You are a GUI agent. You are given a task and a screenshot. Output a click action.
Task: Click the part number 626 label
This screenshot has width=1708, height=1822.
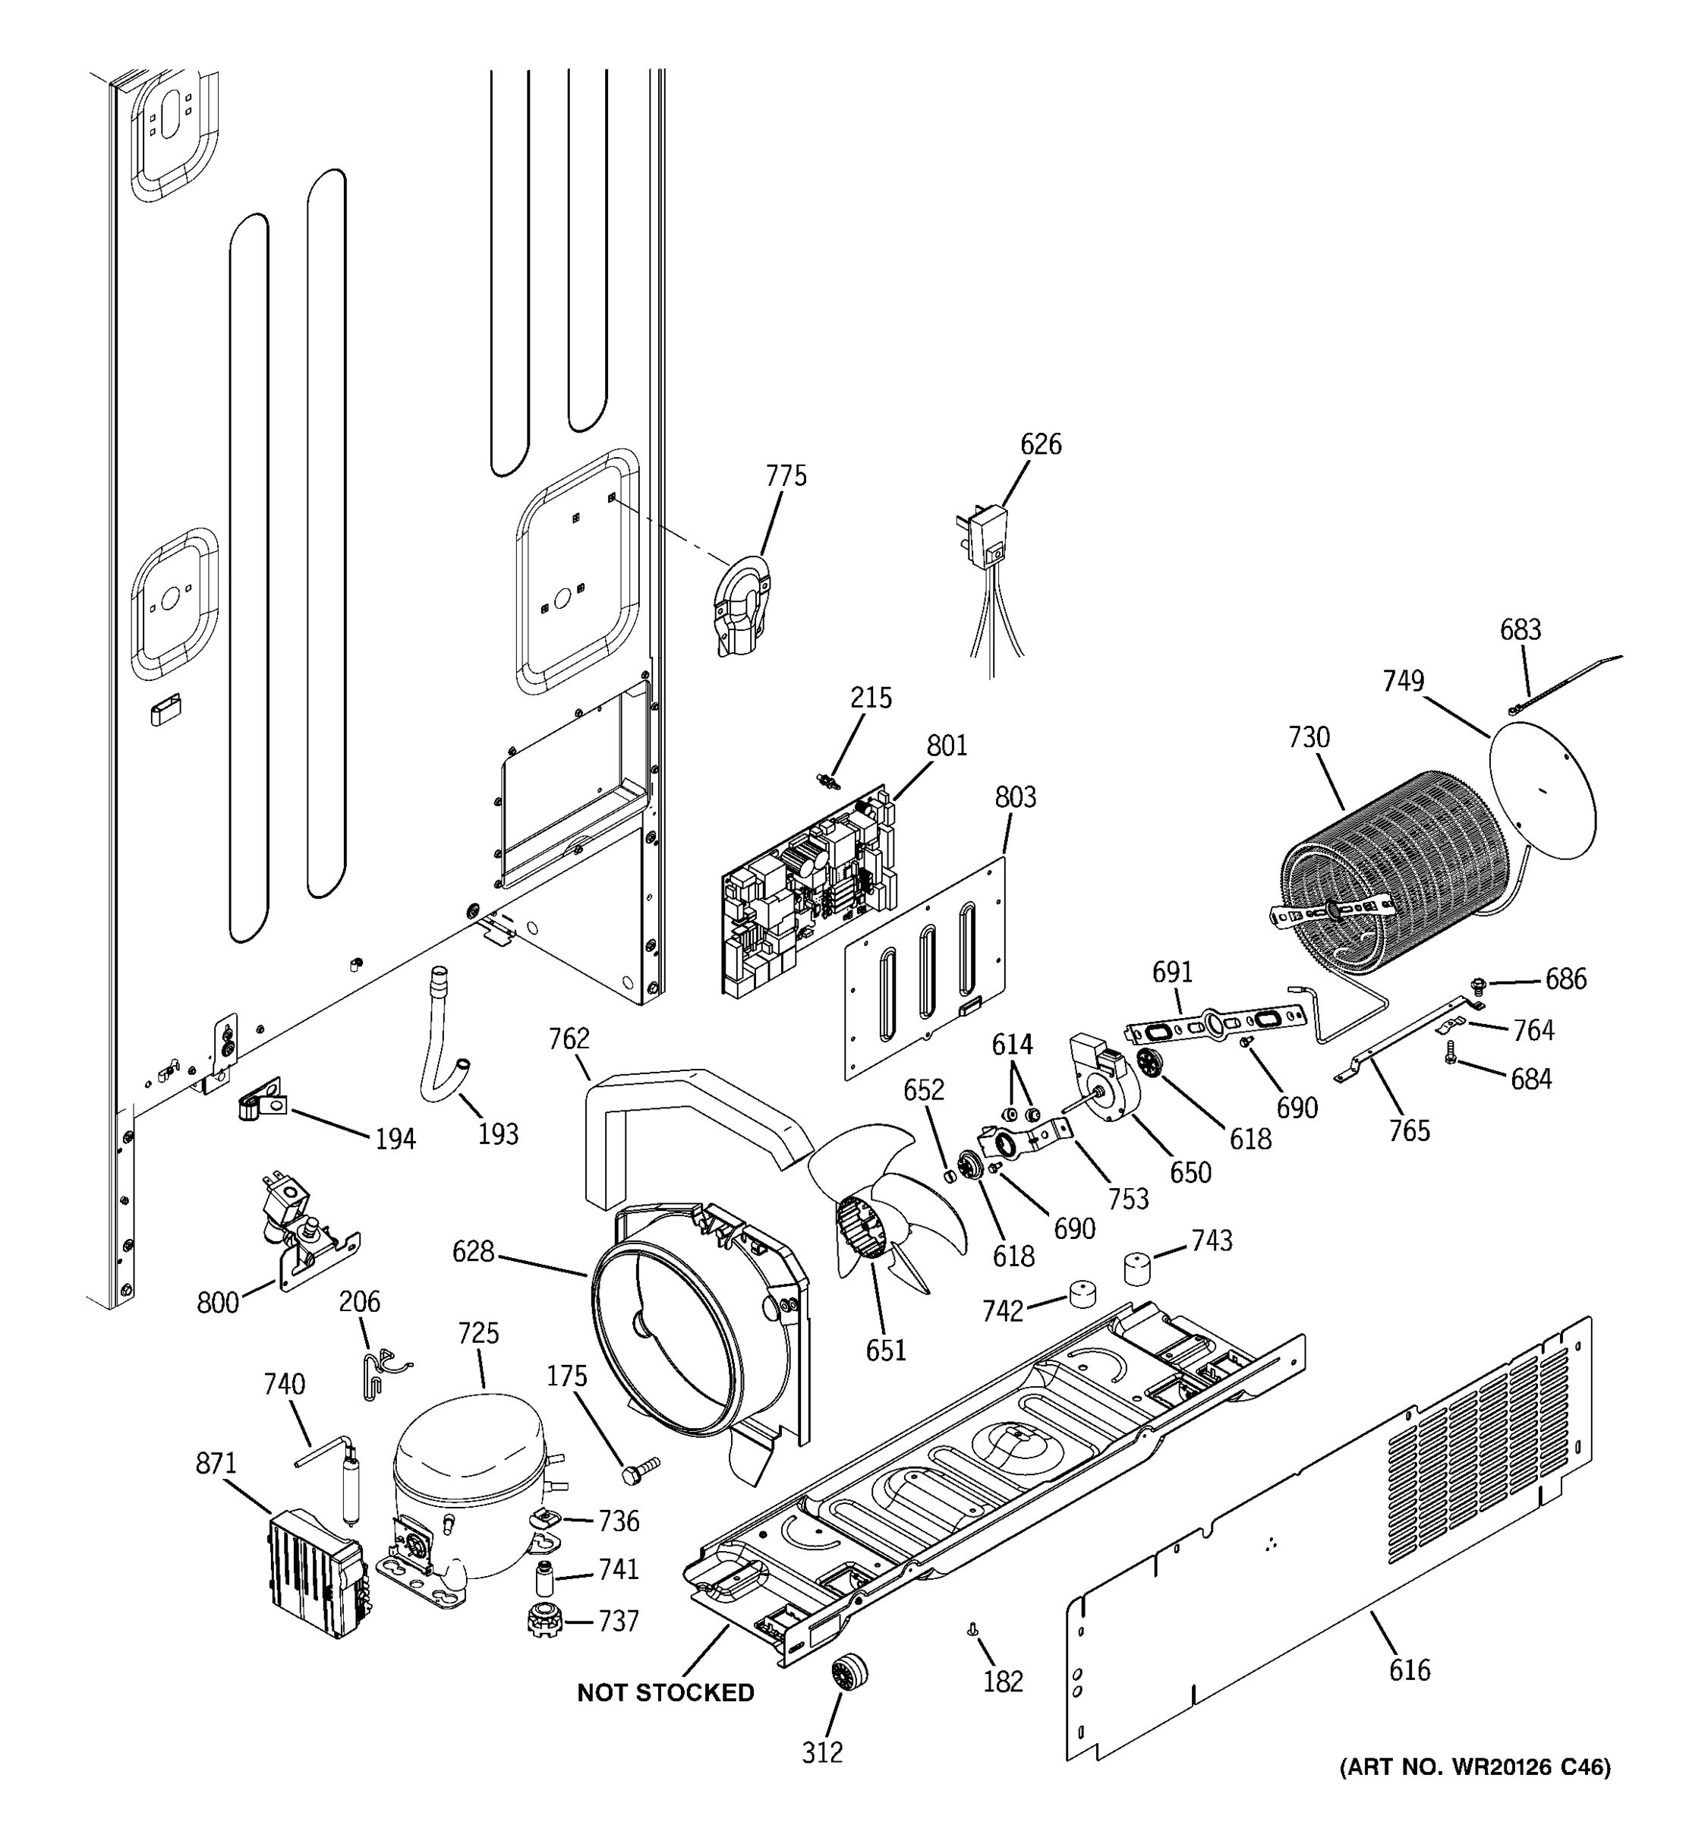tap(1040, 445)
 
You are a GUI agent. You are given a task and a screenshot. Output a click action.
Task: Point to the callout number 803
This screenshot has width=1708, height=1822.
tap(1015, 797)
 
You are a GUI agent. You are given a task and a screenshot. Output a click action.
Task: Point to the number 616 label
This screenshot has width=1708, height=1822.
tap(1408, 1670)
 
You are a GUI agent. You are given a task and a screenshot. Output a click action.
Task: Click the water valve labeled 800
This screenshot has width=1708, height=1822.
tap(302, 1224)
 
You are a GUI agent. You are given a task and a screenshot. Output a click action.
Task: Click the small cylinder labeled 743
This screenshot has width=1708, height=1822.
tap(1137, 1269)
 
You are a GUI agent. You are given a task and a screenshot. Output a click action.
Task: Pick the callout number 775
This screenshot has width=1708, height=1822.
tap(786, 476)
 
